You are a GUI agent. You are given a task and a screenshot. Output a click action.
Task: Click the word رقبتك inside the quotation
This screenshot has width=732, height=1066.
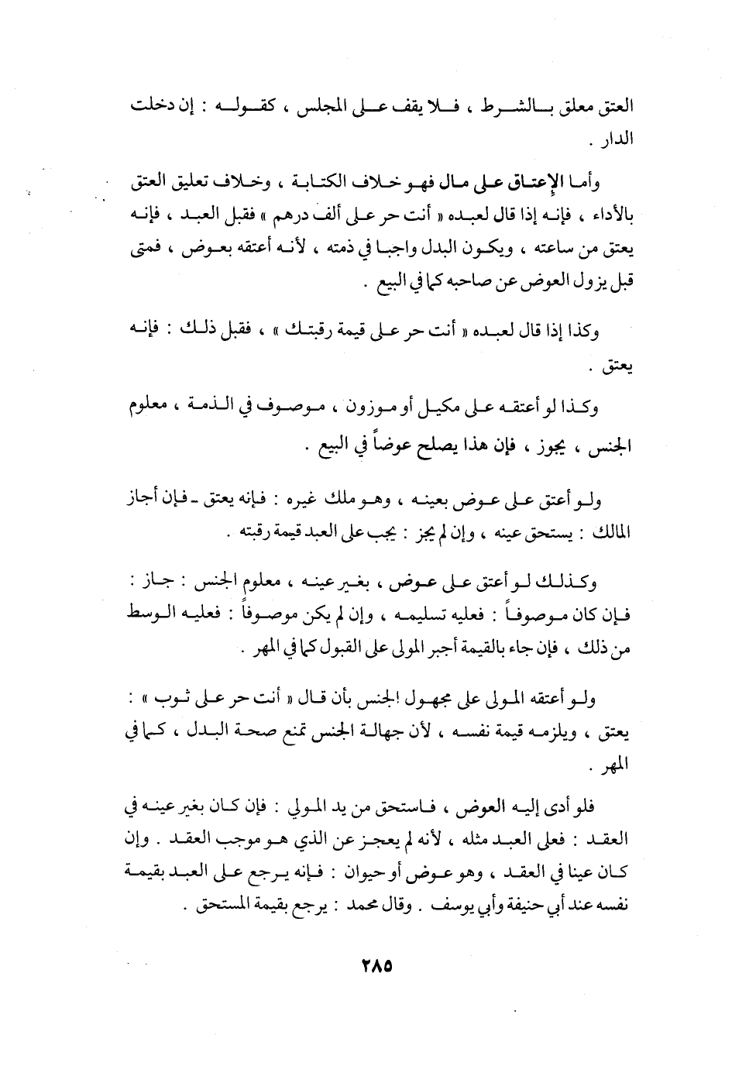302,332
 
